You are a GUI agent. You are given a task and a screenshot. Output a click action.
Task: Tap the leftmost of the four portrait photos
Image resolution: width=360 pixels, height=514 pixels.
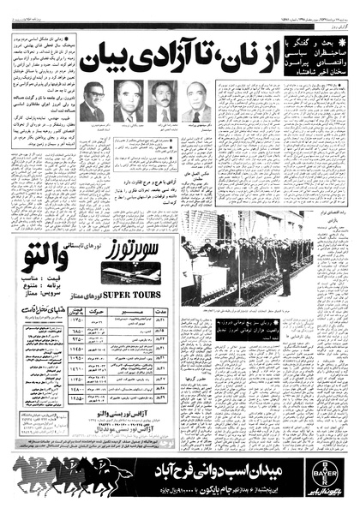click(x=92, y=103)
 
